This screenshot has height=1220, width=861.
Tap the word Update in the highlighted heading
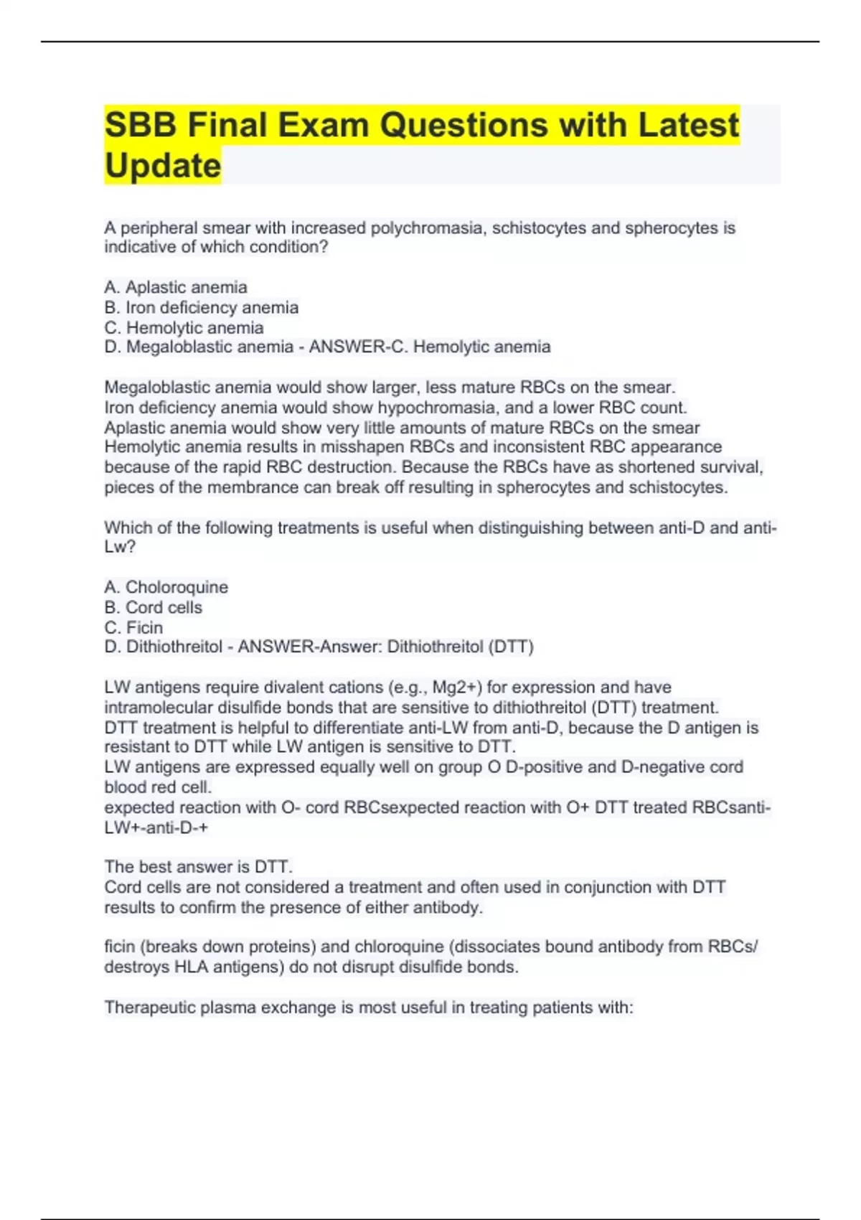163,166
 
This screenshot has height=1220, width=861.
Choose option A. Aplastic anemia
176,287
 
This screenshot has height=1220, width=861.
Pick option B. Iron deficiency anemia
202,307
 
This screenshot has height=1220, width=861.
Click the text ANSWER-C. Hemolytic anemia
430,347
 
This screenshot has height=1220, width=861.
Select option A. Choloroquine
166,587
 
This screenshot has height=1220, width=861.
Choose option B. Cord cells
154,607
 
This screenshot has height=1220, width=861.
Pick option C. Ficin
133,627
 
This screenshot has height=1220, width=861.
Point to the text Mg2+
457,688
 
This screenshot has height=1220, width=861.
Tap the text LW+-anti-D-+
156,827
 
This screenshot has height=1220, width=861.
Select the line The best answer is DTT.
199,867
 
